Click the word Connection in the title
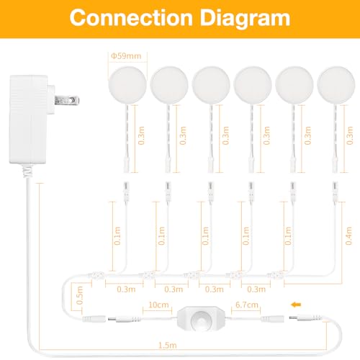[x=131, y=18]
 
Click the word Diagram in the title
[x=245, y=19]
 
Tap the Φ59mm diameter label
[x=126, y=56]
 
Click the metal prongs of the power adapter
[x=67, y=100]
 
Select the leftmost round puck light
[x=127, y=85]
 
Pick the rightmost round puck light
[x=336, y=85]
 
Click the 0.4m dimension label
[x=348, y=235]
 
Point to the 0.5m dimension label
[x=80, y=295]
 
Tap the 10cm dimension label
[x=158, y=305]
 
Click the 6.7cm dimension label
[x=247, y=305]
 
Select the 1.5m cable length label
[x=168, y=346]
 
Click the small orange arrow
[x=296, y=305]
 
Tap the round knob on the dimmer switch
[x=201, y=320]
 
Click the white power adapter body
[x=29, y=120]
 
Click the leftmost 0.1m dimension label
[x=117, y=235]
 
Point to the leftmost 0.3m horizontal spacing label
[x=126, y=289]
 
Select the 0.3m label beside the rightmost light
[x=350, y=135]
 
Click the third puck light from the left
[x=211, y=85]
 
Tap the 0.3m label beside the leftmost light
[x=141, y=135]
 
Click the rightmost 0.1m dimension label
[x=288, y=235]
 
